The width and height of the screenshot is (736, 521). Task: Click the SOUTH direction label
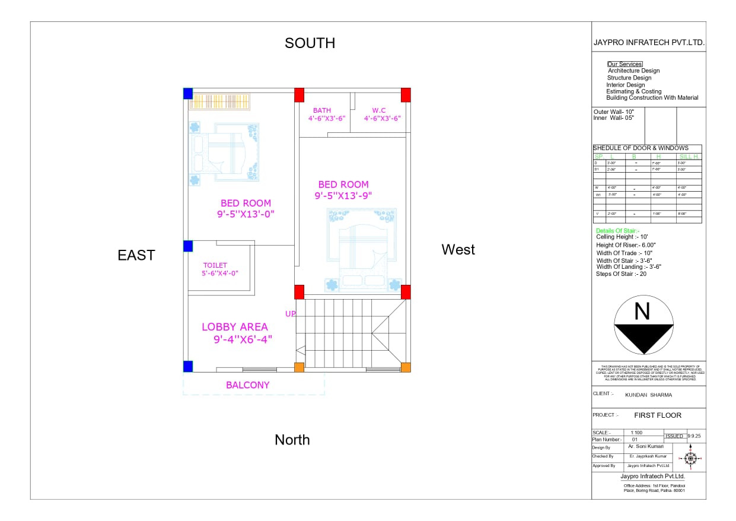tap(310, 43)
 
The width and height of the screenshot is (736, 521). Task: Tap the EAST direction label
tap(136, 255)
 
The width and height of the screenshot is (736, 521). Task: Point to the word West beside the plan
tap(458, 250)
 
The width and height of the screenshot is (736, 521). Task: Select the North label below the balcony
tap(292, 440)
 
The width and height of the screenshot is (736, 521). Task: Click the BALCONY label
tap(247, 385)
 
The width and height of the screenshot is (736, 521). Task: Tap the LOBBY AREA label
tap(235, 327)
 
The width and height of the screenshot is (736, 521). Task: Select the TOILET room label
tap(215, 265)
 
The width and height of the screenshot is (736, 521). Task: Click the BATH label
tap(322, 110)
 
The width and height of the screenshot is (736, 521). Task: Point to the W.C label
tap(379, 110)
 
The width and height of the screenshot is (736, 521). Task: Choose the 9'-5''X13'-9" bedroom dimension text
tap(343, 195)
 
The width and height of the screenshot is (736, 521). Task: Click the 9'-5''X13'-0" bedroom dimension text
tap(246, 214)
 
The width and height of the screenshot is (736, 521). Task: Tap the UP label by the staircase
tap(290, 314)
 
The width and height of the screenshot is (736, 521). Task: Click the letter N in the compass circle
tap(642, 312)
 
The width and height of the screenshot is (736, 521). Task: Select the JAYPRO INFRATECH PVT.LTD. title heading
tap(649, 43)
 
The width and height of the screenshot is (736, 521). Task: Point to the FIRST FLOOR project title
tap(658, 415)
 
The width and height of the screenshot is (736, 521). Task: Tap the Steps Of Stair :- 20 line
tap(621, 274)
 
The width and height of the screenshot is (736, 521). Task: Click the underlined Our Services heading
tap(625, 64)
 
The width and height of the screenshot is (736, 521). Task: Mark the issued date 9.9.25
tap(694, 436)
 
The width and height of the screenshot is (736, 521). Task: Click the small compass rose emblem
tap(690, 458)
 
